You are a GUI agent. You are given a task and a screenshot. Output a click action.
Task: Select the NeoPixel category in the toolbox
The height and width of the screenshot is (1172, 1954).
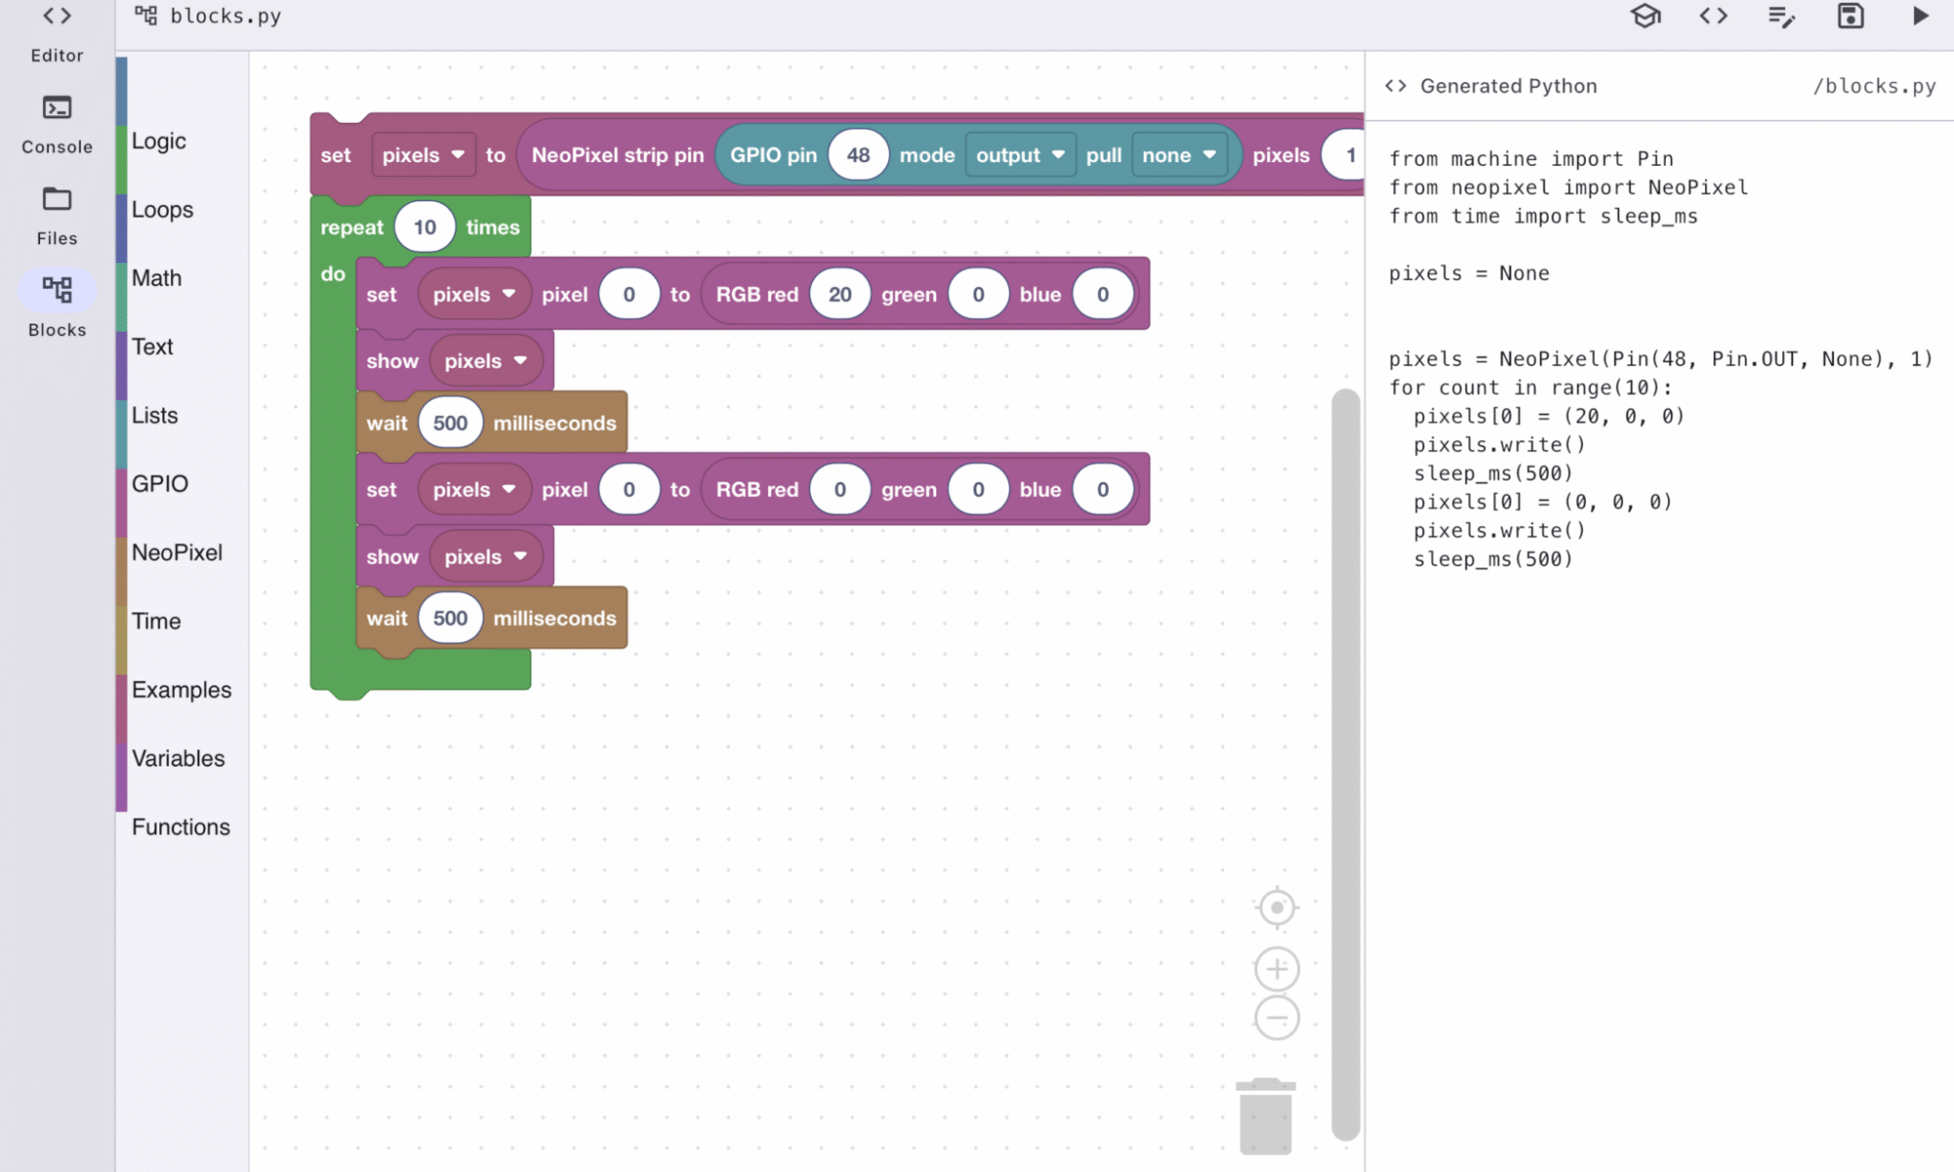click(177, 553)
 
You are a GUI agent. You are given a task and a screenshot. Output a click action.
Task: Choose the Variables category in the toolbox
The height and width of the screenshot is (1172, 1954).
click(178, 759)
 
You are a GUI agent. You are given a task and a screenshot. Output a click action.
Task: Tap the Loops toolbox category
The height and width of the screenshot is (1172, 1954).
click(162, 210)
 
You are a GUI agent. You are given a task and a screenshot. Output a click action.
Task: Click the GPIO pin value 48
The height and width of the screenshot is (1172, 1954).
click(858, 155)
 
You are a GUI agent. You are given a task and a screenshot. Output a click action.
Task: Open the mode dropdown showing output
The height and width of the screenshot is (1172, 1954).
click(1020, 155)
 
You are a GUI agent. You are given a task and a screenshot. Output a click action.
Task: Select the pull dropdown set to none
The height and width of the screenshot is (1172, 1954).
click(1179, 155)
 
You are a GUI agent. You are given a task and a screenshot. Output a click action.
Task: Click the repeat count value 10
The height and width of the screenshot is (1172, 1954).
click(425, 228)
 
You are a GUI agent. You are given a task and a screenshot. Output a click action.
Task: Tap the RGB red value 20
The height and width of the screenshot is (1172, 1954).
click(840, 295)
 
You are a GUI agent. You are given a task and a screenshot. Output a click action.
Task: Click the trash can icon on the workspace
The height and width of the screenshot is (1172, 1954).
click(1265, 1116)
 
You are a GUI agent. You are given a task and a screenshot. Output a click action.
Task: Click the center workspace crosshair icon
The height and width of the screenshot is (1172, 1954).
click(1277, 907)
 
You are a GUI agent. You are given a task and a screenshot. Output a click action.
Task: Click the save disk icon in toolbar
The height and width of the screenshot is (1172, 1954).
click(1850, 16)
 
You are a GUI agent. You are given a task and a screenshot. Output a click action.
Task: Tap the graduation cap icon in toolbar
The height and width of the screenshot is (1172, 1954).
click(1646, 16)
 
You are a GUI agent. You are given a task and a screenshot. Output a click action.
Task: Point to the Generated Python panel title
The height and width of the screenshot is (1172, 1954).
click(1508, 86)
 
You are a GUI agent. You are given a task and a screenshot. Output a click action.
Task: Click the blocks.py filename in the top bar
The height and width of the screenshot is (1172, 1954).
click(226, 16)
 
